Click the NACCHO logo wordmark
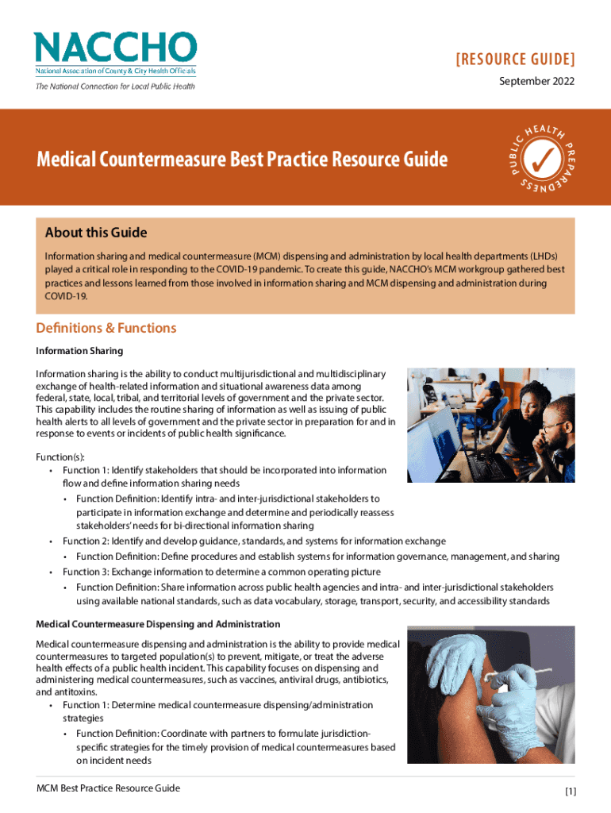click(x=114, y=48)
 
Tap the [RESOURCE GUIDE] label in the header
click(x=515, y=60)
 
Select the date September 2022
click(x=536, y=81)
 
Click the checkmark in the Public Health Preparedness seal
click(x=543, y=156)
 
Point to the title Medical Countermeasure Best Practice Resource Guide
click(x=242, y=160)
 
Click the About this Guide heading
click(x=96, y=233)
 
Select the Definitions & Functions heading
click(x=106, y=328)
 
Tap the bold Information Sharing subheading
click(x=79, y=350)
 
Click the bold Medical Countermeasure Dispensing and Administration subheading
click(x=158, y=625)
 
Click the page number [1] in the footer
click(x=571, y=791)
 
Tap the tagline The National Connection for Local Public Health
click(x=115, y=87)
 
